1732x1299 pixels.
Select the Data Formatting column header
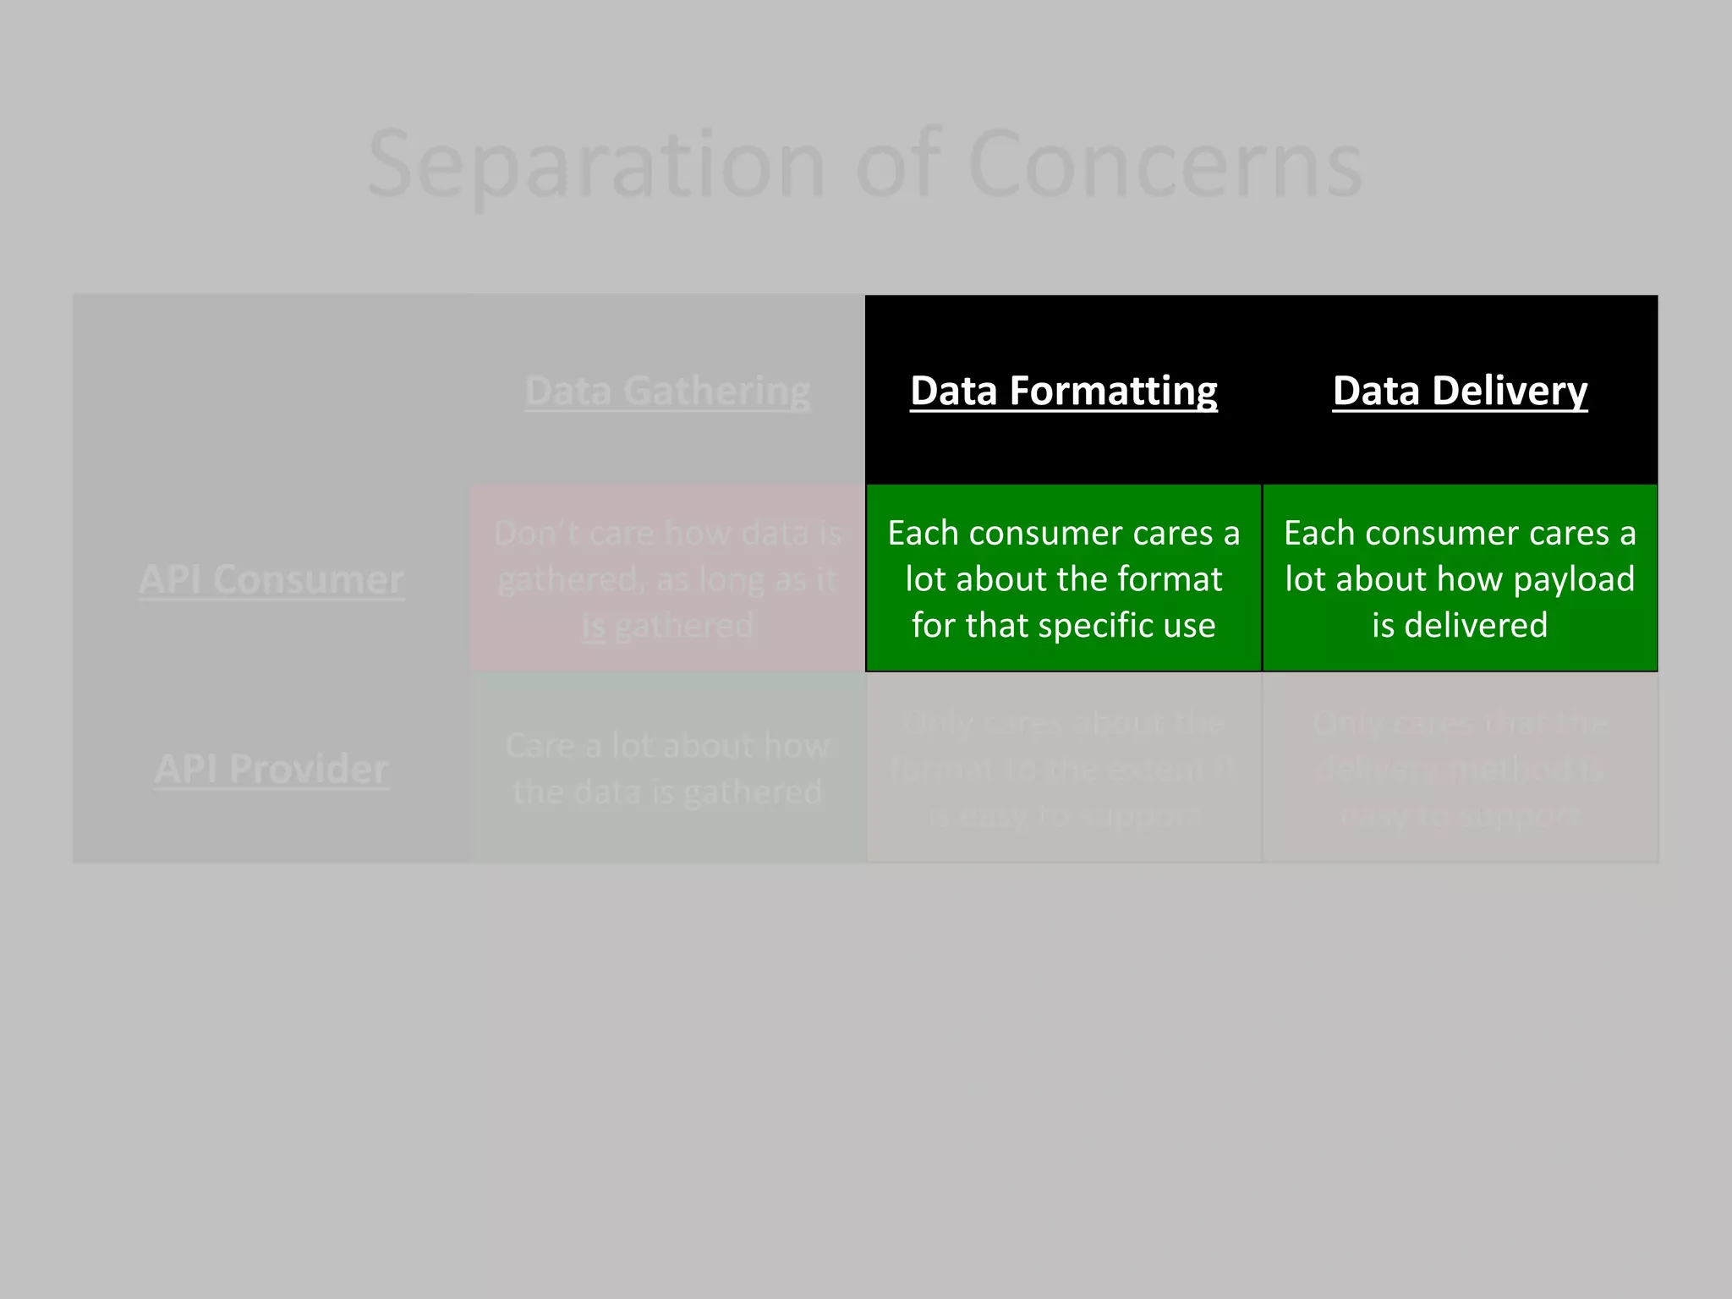(1063, 391)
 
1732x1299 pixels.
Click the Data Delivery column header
(1460, 391)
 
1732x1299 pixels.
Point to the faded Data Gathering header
(667, 391)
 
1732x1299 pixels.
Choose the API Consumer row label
(271, 579)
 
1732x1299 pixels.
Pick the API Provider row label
(271, 769)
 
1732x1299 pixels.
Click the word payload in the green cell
(1574, 579)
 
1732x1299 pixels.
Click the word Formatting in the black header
(1113, 391)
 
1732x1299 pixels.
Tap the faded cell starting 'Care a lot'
(667, 769)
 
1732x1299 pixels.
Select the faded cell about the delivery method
(1460, 769)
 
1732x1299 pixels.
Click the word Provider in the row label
(309, 769)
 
